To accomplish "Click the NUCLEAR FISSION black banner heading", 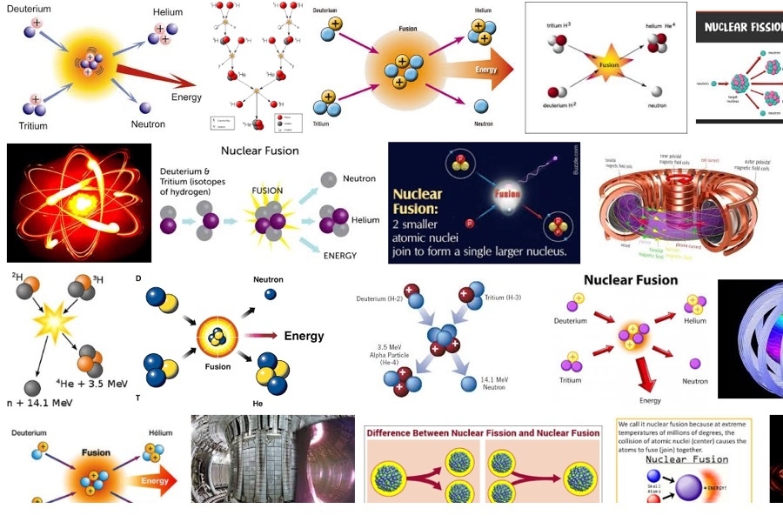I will coord(741,27).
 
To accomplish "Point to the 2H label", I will coord(17,278).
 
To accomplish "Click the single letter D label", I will coord(139,279).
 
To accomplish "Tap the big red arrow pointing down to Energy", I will coord(646,374).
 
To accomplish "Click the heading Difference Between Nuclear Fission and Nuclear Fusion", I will coord(483,432).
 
